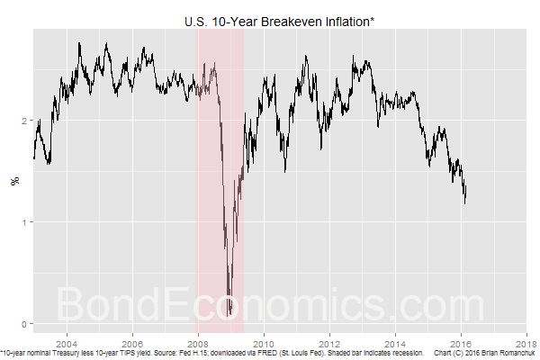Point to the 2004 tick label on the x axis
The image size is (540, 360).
[x=66, y=343]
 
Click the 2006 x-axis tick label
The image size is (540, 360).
[x=131, y=343]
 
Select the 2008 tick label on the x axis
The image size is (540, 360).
[x=197, y=343]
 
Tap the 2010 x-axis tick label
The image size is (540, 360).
[x=264, y=343]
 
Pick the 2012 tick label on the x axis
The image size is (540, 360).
[x=329, y=343]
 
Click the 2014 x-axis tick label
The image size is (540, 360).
[x=395, y=343]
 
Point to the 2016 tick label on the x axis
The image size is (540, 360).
[x=461, y=343]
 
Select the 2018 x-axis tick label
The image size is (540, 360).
[x=526, y=343]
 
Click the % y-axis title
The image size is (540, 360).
[x=13, y=181]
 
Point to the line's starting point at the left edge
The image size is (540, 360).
[x=33, y=158]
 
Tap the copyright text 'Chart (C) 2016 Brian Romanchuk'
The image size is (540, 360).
[x=490, y=352]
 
